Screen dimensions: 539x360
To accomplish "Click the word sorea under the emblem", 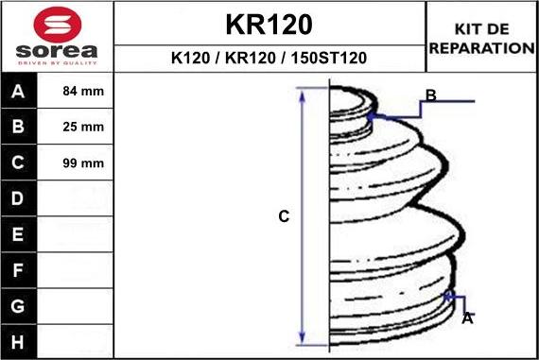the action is click(x=57, y=51).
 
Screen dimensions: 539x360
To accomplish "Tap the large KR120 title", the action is click(x=269, y=25).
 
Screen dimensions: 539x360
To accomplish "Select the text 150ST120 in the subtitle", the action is click(x=329, y=58).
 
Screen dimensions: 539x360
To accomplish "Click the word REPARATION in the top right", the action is click(x=482, y=48).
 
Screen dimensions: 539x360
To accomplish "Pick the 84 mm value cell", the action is click(x=83, y=91).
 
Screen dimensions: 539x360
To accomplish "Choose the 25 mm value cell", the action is click(x=83, y=127).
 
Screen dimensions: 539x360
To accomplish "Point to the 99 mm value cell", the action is click(x=83, y=163).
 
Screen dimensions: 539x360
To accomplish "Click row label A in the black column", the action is click(x=18, y=92).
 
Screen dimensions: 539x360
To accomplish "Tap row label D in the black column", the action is click(x=18, y=198).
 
